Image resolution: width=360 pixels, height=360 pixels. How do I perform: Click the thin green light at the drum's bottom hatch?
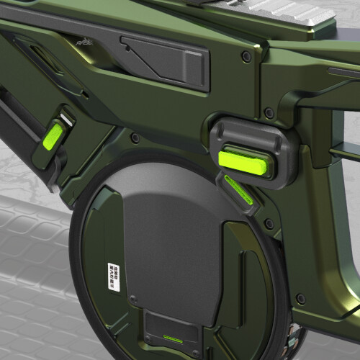point(173,336)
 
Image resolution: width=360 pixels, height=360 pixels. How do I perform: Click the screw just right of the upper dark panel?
point(247,56)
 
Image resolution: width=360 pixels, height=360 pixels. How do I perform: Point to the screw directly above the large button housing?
point(269,113)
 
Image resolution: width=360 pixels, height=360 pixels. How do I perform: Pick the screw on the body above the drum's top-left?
point(134,138)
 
